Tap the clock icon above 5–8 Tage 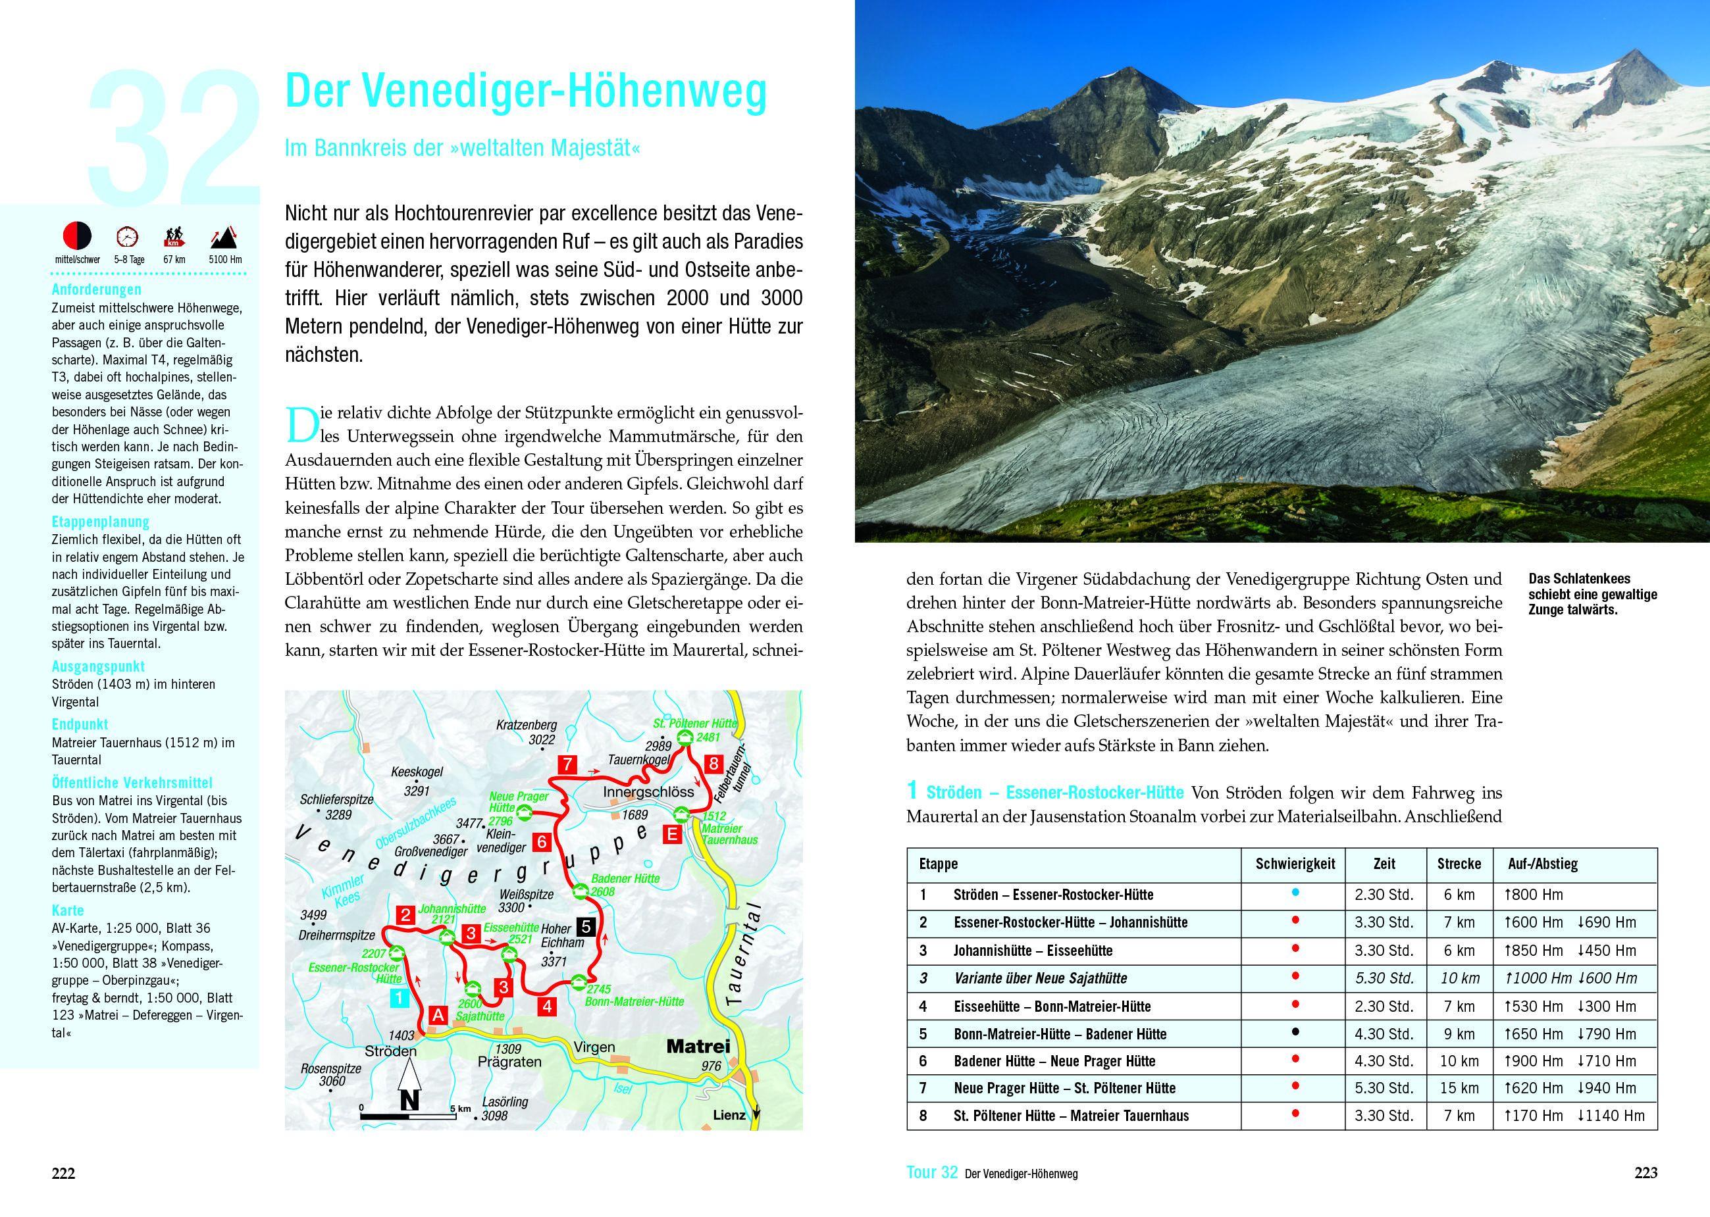(x=128, y=237)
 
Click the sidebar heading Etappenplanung (x=101, y=522)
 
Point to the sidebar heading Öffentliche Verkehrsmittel (x=132, y=782)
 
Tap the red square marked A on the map (x=437, y=1014)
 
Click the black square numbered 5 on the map (x=587, y=927)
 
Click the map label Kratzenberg (x=527, y=726)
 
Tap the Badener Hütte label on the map (x=625, y=878)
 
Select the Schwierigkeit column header (x=1295, y=863)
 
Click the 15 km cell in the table (x=1458, y=1088)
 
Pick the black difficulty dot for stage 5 (x=1295, y=1032)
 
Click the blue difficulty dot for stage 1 (x=1295, y=893)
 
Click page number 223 (x=1645, y=1173)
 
